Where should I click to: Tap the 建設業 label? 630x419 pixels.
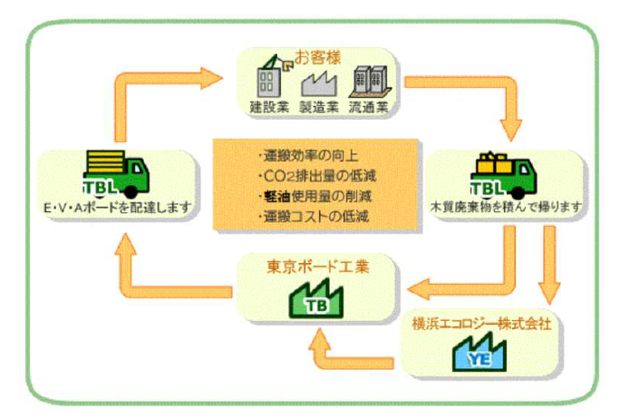(x=267, y=106)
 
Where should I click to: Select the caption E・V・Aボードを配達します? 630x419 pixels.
(x=115, y=208)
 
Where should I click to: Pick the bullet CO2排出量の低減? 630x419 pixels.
(x=314, y=175)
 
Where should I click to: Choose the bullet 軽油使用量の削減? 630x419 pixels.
(x=314, y=195)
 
